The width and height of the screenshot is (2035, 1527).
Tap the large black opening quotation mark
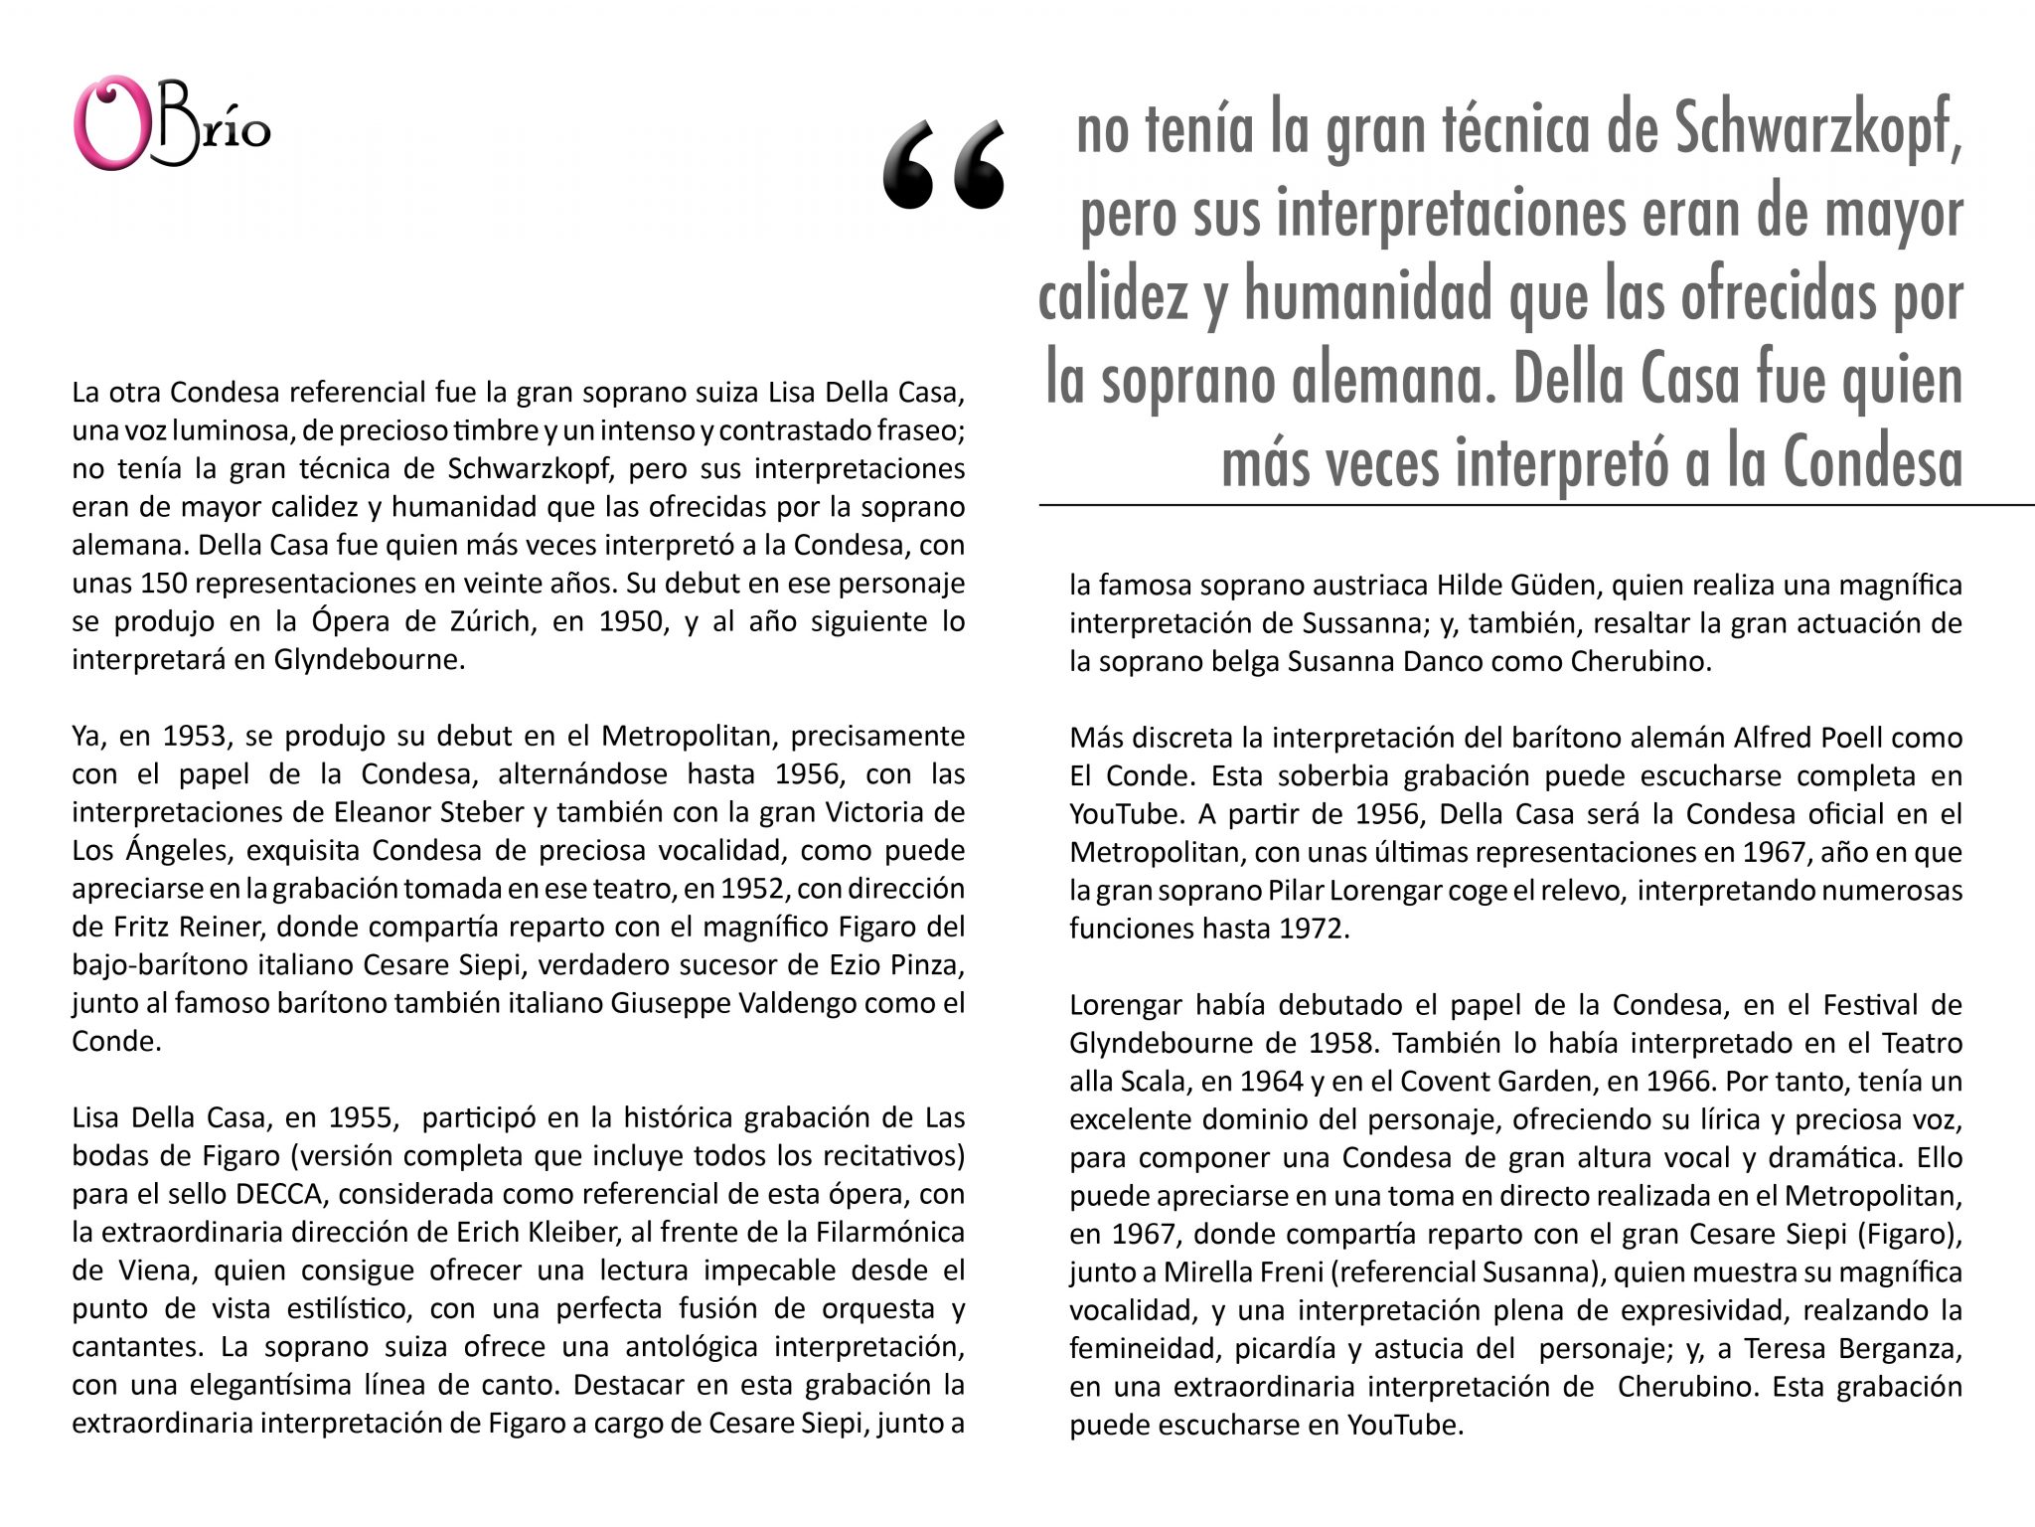pyautogui.click(x=942, y=166)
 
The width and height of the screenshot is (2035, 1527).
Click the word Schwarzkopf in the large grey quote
pyautogui.click(x=1817, y=130)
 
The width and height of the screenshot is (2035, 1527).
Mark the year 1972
pyautogui.click(x=1315, y=929)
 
